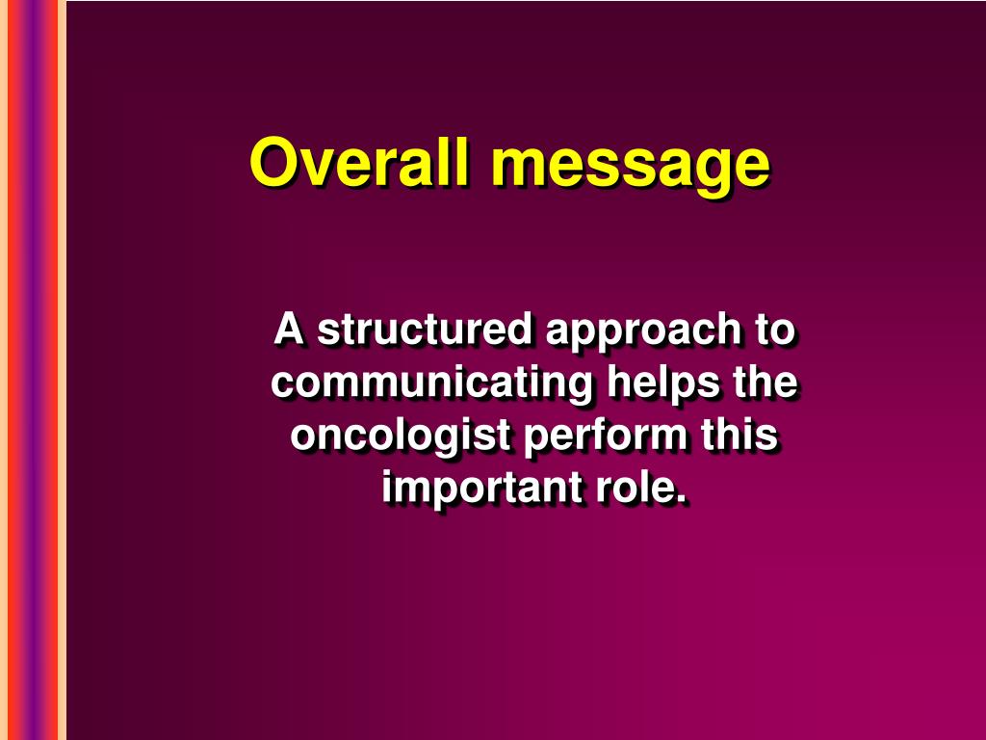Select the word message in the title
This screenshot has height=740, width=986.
pos(630,166)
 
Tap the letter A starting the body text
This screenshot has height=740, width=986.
pos(289,330)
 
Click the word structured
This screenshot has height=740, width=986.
pos(426,330)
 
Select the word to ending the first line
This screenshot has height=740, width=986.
pos(775,330)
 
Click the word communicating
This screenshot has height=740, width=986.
pos(431,383)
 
